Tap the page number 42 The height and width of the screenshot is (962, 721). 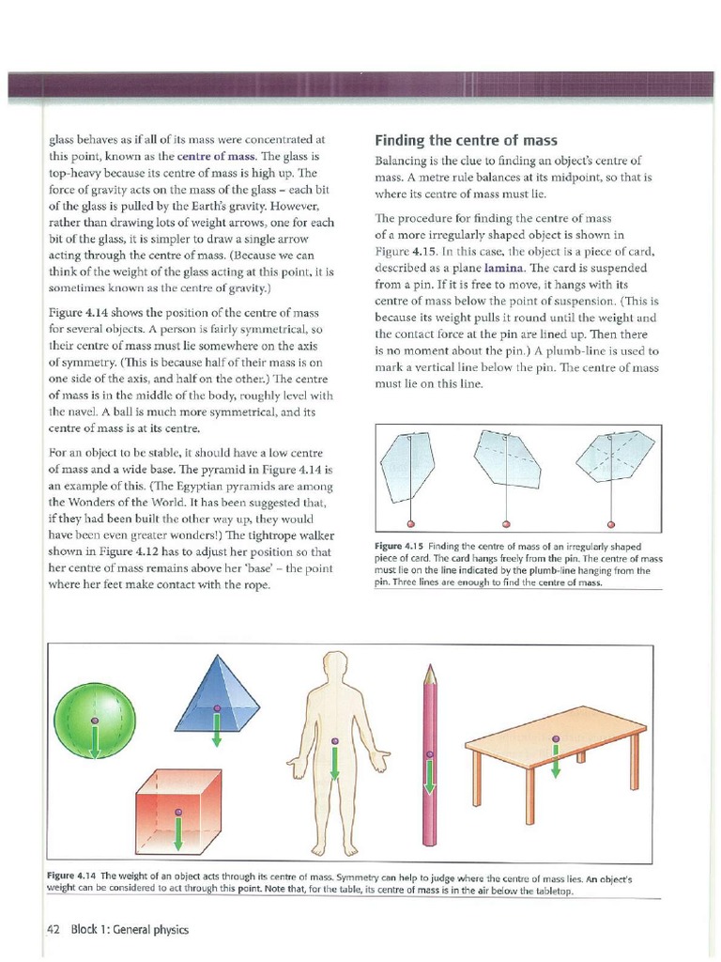tap(53, 929)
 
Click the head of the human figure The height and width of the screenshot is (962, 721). tap(333, 666)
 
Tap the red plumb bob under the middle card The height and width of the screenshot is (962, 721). tap(506, 523)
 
